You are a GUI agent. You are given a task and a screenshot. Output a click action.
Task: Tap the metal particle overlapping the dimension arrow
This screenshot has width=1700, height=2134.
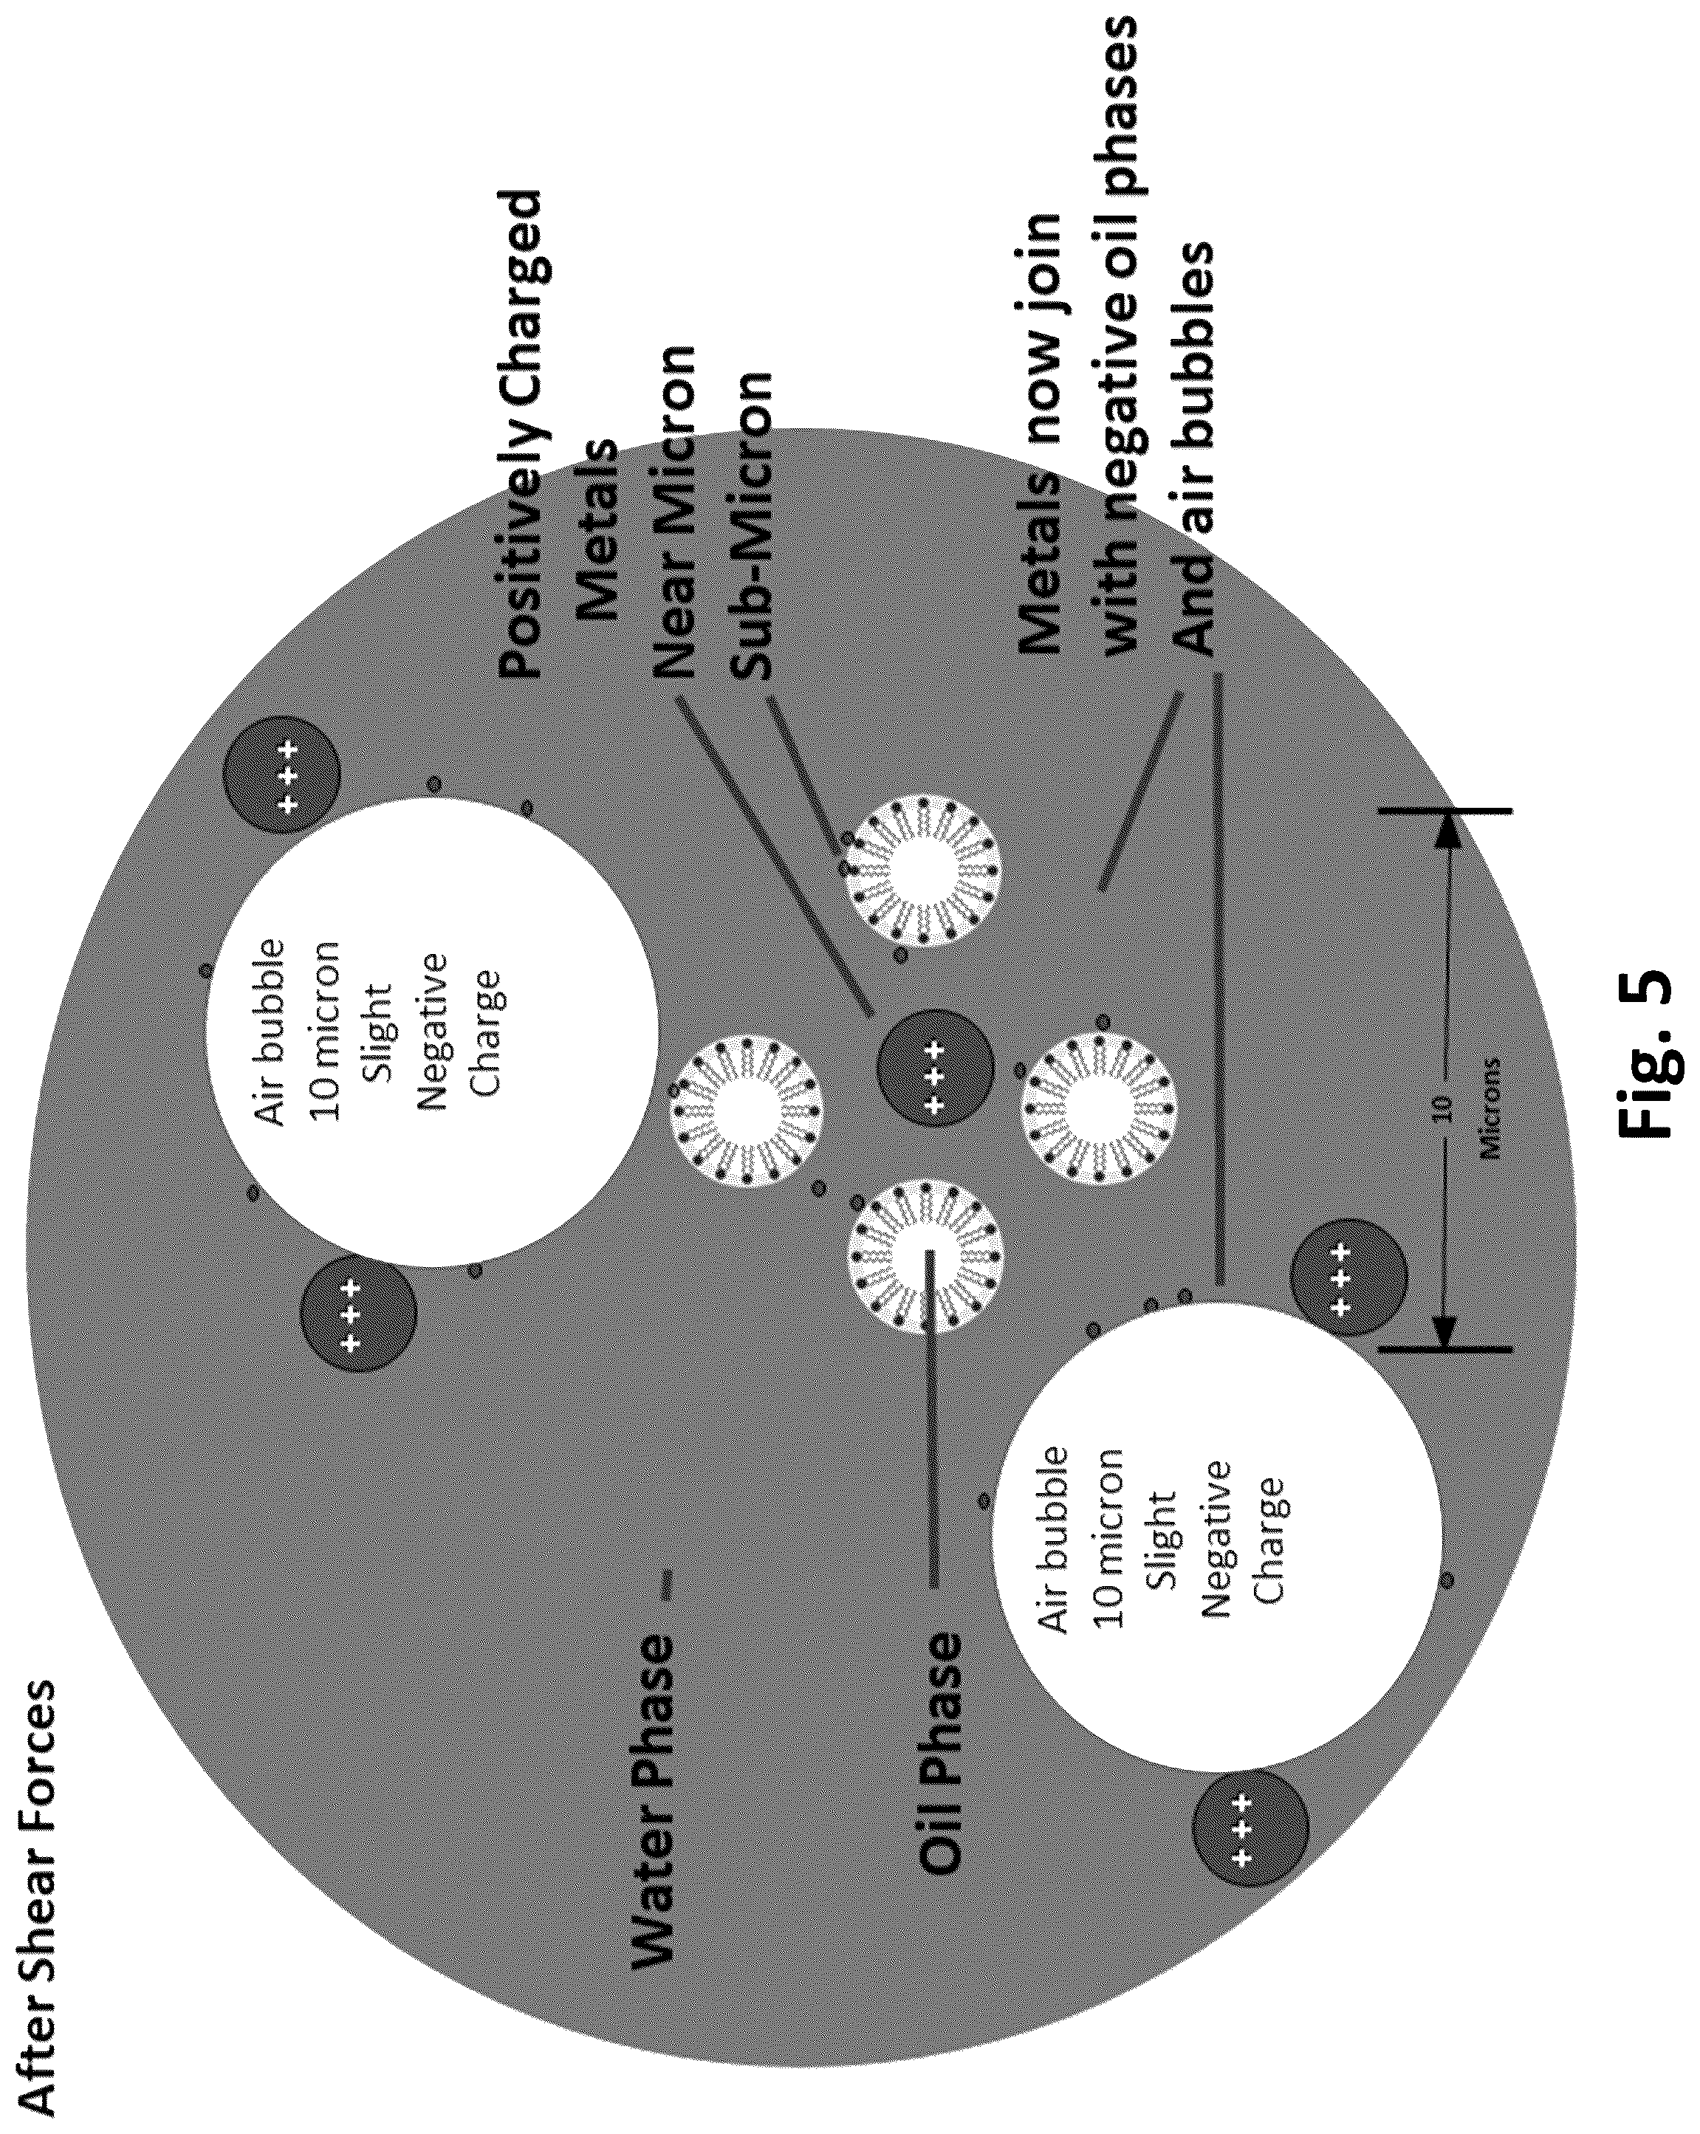coord(1348,1277)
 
